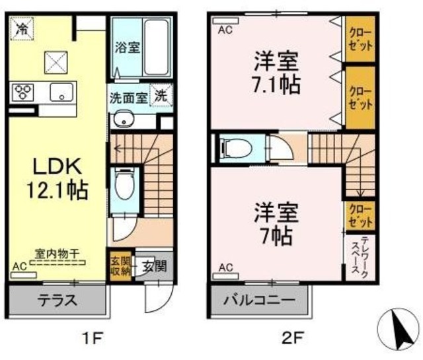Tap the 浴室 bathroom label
click(x=125, y=48)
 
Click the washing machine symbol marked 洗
click(x=161, y=95)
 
